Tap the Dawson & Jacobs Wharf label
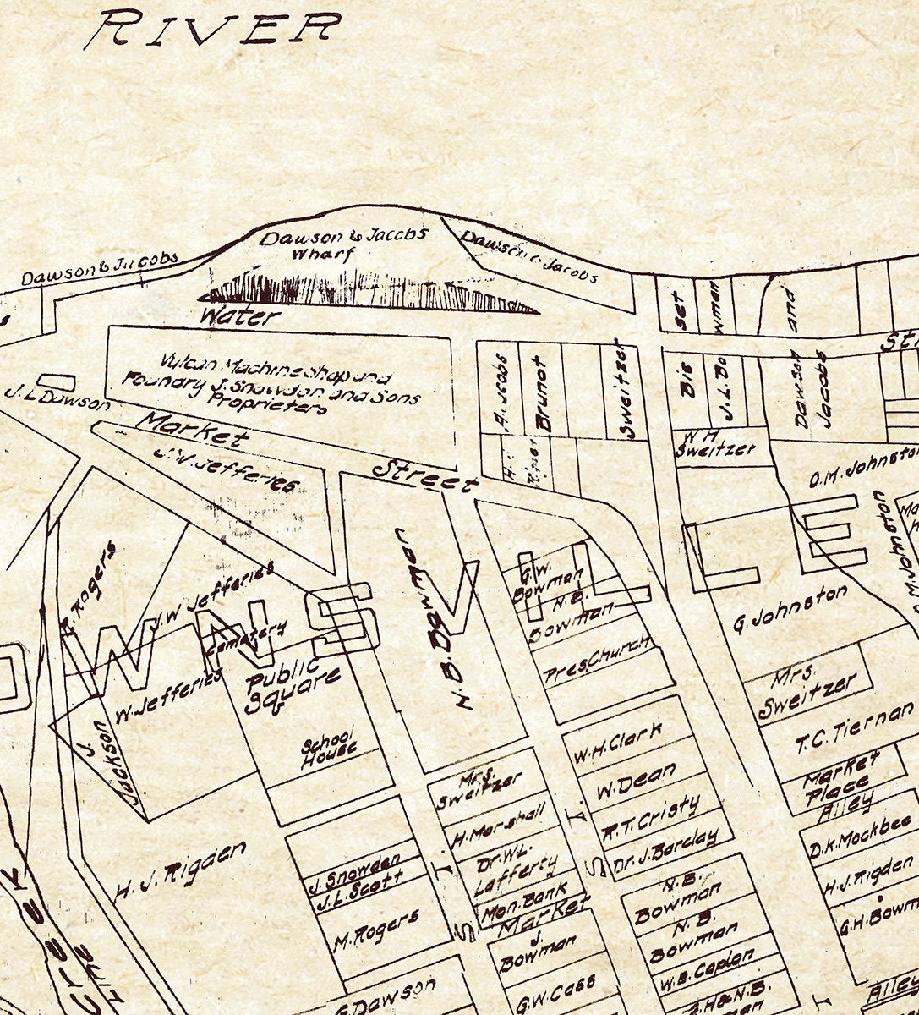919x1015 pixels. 345,244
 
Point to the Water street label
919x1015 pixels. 239,317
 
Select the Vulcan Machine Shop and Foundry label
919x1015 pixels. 271,386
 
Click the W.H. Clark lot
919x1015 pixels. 618,745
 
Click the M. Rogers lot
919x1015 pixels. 375,929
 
